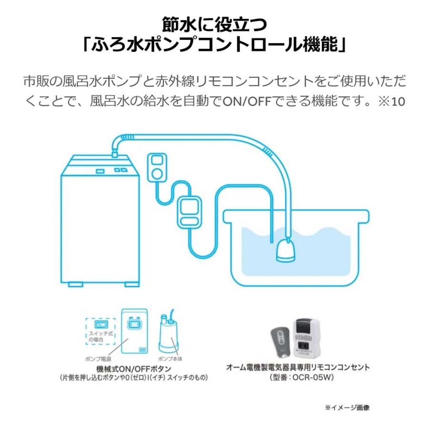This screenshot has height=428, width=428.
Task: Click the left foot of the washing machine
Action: point(77,284)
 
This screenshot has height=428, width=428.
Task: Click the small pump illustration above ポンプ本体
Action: point(166,332)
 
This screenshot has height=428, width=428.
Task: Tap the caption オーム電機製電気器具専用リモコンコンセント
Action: point(297,367)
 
